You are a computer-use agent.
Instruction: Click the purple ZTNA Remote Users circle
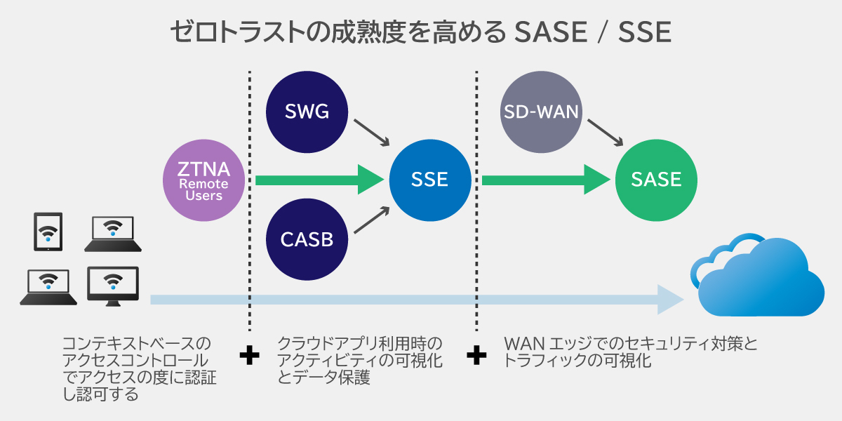pyautogui.click(x=203, y=180)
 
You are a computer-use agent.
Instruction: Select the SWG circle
pyautogui.click(x=307, y=112)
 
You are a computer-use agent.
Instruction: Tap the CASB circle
pyautogui.click(x=307, y=239)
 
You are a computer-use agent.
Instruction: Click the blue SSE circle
pyautogui.click(x=429, y=180)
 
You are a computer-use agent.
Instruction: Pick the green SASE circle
pyautogui.click(x=656, y=180)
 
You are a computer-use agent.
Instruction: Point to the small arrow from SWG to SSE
pyautogui.click(x=371, y=133)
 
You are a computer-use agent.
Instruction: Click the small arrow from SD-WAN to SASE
pyautogui.click(x=604, y=133)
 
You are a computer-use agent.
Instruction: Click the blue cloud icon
pyautogui.click(x=758, y=277)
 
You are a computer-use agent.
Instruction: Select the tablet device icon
pyautogui.click(x=48, y=232)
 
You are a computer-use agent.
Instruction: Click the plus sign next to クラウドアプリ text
pyautogui.click(x=248, y=356)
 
